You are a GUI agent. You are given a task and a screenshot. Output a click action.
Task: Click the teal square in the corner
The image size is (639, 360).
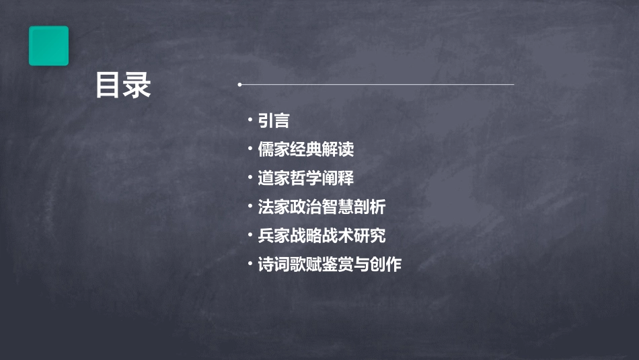pyautogui.click(x=48, y=46)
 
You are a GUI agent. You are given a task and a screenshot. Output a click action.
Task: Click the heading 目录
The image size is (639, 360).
pyautogui.click(x=123, y=86)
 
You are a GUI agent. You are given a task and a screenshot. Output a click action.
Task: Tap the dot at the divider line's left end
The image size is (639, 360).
pyautogui.click(x=239, y=85)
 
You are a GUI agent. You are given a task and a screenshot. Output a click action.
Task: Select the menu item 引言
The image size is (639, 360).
pyautogui.click(x=274, y=120)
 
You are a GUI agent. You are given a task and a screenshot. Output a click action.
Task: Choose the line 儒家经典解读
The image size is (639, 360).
pyautogui.click(x=305, y=149)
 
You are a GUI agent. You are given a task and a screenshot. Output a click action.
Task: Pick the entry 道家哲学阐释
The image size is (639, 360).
pyautogui.click(x=305, y=178)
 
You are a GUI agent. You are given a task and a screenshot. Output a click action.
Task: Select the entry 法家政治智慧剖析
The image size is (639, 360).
pyautogui.click(x=322, y=207)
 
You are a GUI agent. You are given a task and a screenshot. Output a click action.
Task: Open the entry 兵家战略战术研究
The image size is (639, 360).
pyautogui.click(x=322, y=236)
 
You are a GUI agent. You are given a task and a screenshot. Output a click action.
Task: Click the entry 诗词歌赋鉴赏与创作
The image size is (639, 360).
pyautogui.click(x=330, y=264)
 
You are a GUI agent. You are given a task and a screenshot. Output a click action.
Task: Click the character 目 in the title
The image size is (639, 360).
pyautogui.click(x=108, y=86)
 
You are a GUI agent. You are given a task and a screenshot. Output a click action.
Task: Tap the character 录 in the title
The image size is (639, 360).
pyautogui.click(x=138, y=86)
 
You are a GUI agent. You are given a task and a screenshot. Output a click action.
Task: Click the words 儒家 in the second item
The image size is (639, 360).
pyautogui.click(x=274, y=149)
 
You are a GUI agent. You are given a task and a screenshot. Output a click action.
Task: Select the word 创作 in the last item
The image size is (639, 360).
pyautogui.click(x=385, y=264)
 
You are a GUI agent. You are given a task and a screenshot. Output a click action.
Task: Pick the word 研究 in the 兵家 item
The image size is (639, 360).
pyautogui.click(x=370, y=236)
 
